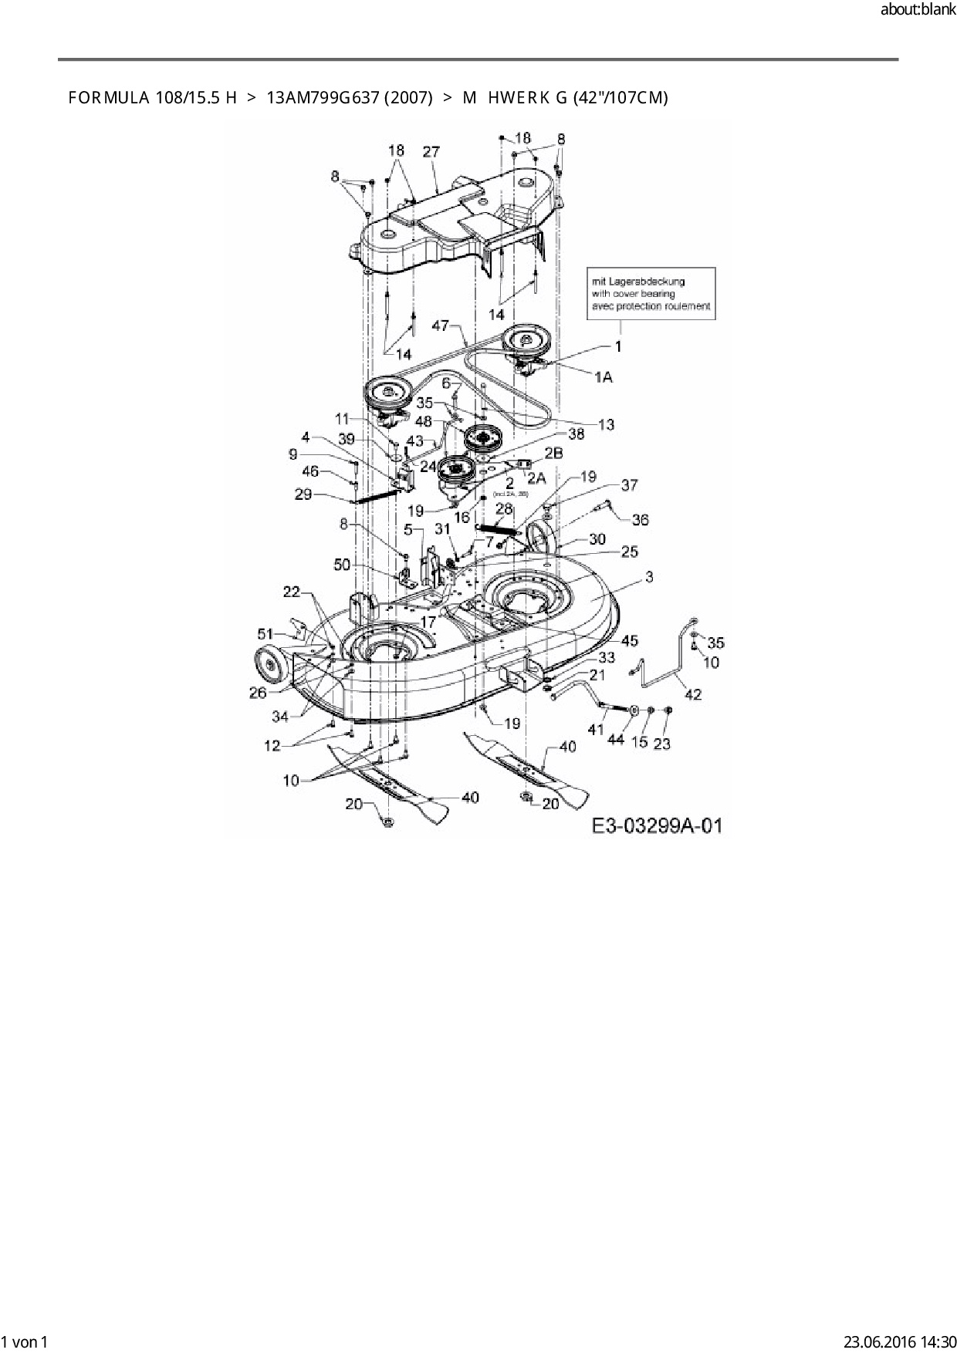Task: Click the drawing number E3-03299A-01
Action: click(657, 825)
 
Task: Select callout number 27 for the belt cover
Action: click(431, 152)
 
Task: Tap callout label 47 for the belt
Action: click(441, 326)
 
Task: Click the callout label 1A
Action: click(604, 376)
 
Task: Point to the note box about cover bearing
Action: click(651, 294)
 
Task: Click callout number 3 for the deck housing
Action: click(649, 577)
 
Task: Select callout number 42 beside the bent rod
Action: click(693, 694)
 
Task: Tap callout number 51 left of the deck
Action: click(265, 634)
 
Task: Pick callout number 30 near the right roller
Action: click(597, 539)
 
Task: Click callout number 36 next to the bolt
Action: click(640, 520)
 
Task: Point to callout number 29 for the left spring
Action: click(303, 494)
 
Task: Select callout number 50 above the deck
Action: click(342, 565)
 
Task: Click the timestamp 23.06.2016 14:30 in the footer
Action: click(900, 1341)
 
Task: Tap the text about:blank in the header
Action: click(918, 10)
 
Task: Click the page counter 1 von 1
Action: click(25, 1341)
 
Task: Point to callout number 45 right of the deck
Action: click(629, 640)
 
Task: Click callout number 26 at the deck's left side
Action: click(258, 692)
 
